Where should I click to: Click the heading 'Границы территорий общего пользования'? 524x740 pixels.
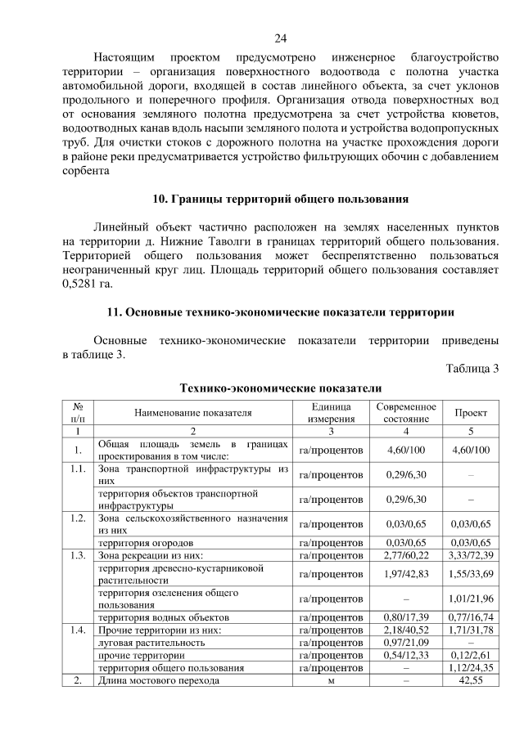(x=281, y=199)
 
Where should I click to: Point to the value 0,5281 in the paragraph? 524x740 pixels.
(x=79, y=284)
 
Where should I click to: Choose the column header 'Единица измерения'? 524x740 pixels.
(x=332, y=413)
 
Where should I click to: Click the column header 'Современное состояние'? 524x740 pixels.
(x=406, y=413)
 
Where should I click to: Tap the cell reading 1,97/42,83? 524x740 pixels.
(x=406, y=573)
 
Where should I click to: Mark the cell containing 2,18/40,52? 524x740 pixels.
(x=406, y=630)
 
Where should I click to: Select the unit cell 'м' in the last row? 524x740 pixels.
(x=332, y=680)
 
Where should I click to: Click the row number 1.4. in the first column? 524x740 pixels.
(x=78, y=630)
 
